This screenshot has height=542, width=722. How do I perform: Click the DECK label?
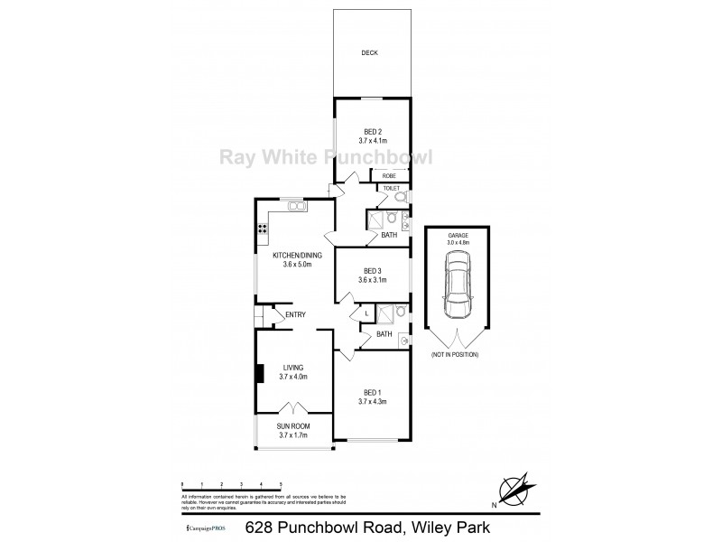[369, 53]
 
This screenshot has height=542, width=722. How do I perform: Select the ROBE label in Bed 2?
[389, 175]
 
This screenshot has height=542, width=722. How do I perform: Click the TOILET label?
[391, 188]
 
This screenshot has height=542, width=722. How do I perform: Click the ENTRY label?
[295, 314]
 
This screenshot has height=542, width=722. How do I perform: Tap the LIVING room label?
[293, 367]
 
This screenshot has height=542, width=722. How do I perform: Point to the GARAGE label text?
[459, 235]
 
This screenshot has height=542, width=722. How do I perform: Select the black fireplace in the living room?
[259, 374]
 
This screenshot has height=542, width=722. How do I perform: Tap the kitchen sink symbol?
[295, 206]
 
